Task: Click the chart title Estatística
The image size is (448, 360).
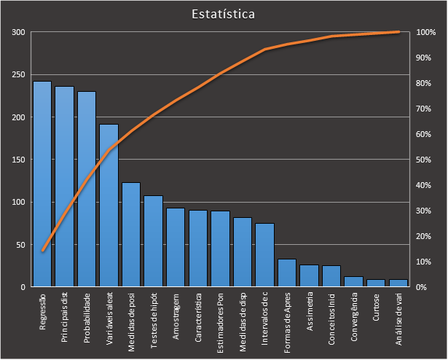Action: pos(224,14)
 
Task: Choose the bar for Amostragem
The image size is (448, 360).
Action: pos(176,248)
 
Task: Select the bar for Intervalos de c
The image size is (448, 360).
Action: pos(264,255)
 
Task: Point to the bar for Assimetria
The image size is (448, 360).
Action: pos(309,275)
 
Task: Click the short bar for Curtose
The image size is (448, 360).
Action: pos(376,283)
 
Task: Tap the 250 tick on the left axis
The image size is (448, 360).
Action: pos(18,75)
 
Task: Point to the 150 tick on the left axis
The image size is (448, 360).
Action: pos(18,160)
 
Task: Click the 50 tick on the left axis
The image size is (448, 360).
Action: pos(20,245)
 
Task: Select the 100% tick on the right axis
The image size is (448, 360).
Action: pos(426,33)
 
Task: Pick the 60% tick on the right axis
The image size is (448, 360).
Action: pos(425,134)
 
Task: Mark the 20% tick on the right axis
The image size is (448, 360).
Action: pos(425,236)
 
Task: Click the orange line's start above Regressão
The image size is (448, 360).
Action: pos(42,251)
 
